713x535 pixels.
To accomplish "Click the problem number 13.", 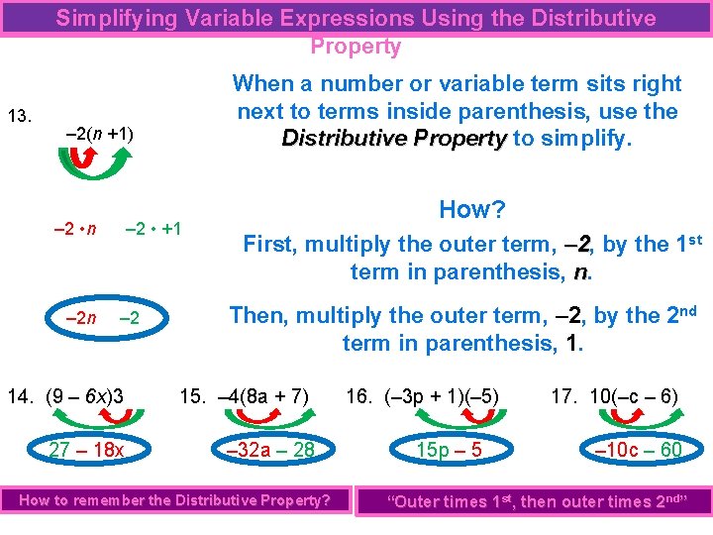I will tap(20, 117).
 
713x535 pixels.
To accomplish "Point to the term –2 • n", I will tap(74, 229).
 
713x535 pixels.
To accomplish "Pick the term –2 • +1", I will tap(153, 229).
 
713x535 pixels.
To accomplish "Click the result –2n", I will tap(80, 318).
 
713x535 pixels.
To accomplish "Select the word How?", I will tap(471, 210).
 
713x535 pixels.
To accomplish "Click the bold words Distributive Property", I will tap(394, 139).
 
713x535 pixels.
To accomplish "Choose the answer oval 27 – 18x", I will tap(86, 451).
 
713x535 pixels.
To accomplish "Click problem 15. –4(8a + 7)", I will tap(246, 397).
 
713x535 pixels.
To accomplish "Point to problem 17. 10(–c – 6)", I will tap(615, 397).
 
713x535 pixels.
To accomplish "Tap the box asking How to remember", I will tap(175, 500).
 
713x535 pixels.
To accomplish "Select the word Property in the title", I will tap(356, 47).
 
